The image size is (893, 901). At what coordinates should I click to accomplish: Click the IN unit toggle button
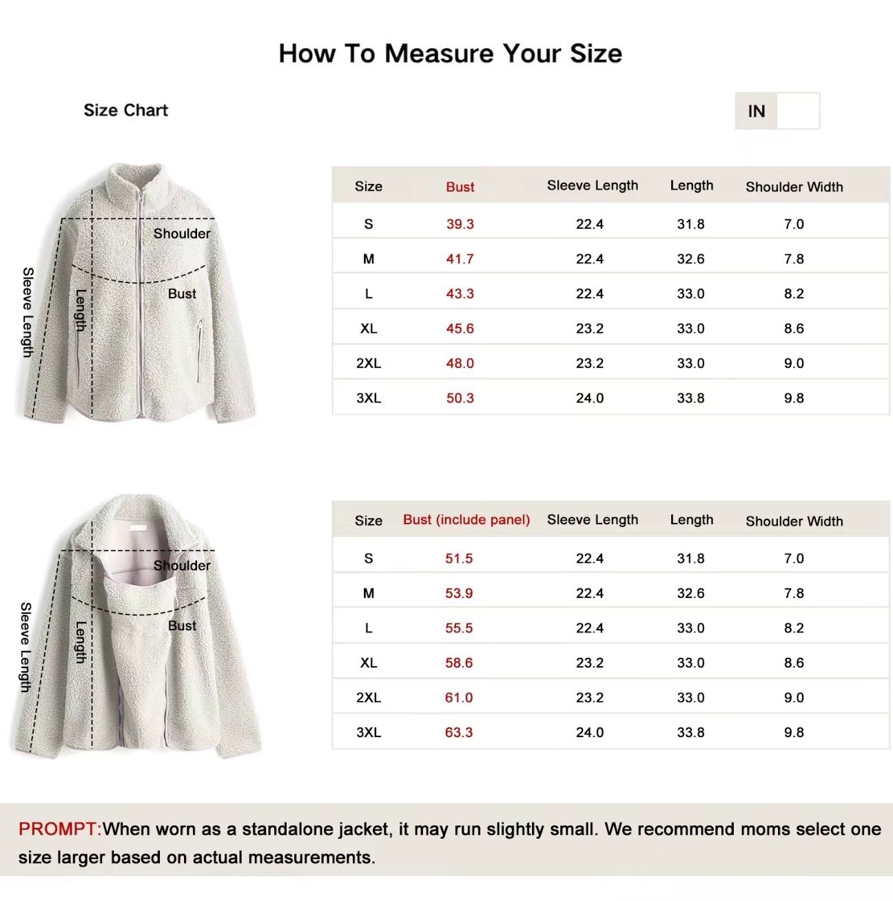[x=757, y=111]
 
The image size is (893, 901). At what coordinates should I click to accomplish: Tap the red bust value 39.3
[x=460, y=224]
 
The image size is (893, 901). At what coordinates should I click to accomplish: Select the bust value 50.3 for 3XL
[x=460, y=398]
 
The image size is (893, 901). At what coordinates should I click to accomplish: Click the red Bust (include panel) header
[x=466, y=520]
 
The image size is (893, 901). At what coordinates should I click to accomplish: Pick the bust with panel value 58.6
[x=459, y=663]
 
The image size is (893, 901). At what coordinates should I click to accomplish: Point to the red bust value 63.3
[x=459, y=732]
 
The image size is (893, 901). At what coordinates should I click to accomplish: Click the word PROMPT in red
[x=59, y=829]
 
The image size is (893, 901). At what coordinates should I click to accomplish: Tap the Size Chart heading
[x=125, y=110]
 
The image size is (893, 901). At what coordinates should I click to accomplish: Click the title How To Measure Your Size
[x=450, y=53]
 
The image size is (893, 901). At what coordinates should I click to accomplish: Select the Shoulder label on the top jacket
[x=182, y=234]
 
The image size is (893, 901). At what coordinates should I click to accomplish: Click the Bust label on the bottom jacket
[x=182, y=625]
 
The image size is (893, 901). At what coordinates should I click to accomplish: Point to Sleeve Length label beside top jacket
[x=28, y=312]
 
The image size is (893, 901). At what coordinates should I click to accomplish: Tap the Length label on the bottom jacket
[x=81, y=642]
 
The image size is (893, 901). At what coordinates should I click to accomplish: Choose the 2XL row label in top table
[x=369, y=363]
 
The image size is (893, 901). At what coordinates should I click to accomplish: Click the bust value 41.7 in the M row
[x=460, y=259]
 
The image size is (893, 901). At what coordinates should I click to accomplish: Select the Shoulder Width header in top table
[x=794, y=187]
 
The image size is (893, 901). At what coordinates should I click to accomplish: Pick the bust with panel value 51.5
[x=459, y=559]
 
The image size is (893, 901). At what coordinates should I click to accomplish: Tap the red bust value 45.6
[x=460, y=329]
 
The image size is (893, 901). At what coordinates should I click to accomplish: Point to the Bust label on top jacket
[x=182, y=293]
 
